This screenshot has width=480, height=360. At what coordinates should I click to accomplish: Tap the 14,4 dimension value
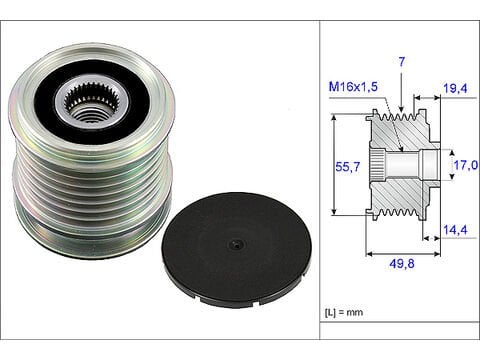pos(454,230)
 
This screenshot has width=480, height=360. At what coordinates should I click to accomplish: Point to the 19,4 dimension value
pos(454,89)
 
